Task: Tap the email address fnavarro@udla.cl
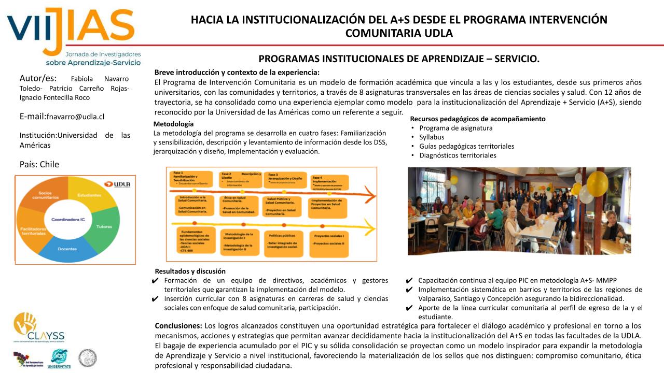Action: point(76,117)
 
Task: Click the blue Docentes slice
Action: point(67,249)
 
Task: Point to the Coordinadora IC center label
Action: point(68,220)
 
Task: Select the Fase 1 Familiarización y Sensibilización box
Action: point(192,178)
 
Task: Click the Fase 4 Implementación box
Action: point(330,182)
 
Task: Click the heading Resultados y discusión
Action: point(190,271)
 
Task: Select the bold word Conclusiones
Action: point(178,326)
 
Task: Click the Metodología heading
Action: point(173,124)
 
